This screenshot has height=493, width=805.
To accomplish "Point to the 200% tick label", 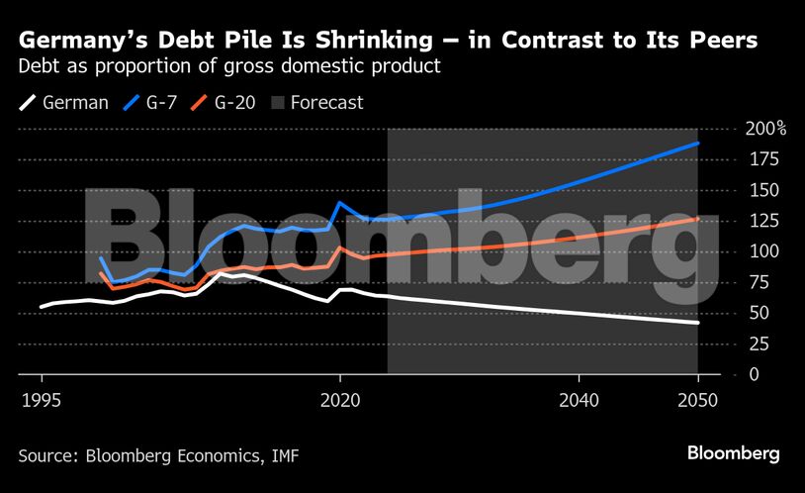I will (x=765, y=129).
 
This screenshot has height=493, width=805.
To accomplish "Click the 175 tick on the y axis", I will (x=761, y=159).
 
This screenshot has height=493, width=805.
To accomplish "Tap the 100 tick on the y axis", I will (x=761, y=251).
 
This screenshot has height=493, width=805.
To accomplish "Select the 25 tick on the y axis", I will (x=758, y=344).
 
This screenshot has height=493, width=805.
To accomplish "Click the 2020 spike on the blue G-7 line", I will (x=340, y=203).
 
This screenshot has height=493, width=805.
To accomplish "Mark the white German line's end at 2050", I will (x=698, y=323).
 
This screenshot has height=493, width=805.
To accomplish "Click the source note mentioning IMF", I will (x=158, y=455).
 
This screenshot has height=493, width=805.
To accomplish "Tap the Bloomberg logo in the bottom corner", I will (x=734, y=453).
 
